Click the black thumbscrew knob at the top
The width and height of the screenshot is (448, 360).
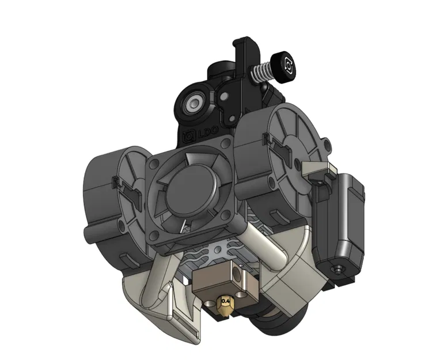(x=286, y=62)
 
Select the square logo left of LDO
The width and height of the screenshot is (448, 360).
(x=186, y=137)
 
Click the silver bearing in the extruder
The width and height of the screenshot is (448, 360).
(x=192, y=105)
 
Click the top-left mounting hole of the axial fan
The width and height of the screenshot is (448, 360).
(x=154, y=166)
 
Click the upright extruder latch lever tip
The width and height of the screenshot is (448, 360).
(x=242, y=44)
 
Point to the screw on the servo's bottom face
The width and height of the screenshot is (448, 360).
(x=337, y=268)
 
